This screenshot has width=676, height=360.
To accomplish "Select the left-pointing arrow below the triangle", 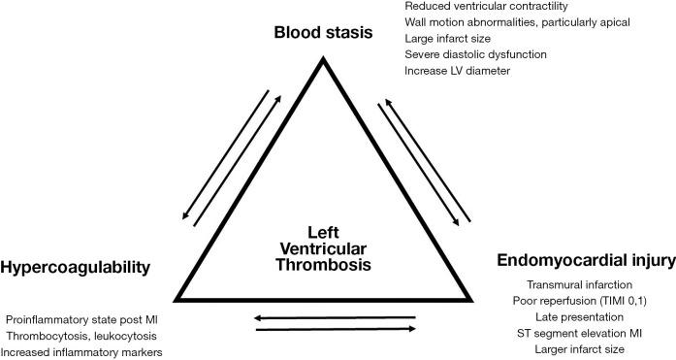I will pos(336,316).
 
